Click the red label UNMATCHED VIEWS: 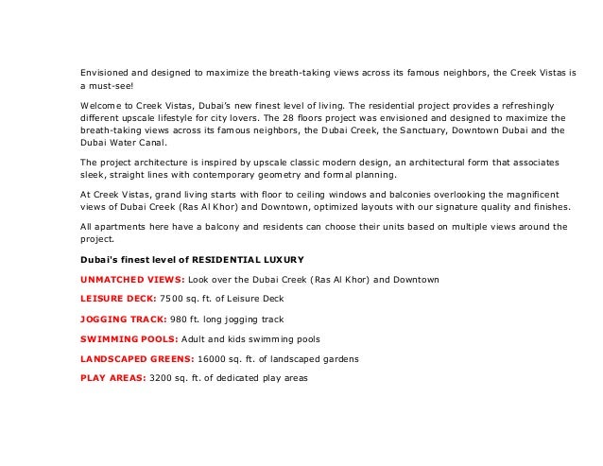point(131,280)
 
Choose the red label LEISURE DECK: point(118,300)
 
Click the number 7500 point(174,300)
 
